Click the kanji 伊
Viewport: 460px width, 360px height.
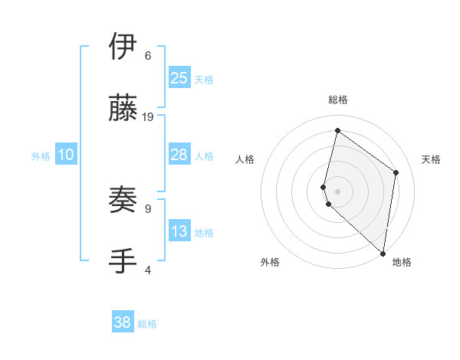tap(123, 47)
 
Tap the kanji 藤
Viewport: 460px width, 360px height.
tap(123, 109)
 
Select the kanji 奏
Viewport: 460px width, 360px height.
tap(123, 200)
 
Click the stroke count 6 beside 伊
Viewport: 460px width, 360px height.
tap(148, 56)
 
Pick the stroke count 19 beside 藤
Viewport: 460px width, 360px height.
tap(149, 117)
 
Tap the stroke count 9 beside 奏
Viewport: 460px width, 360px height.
tap(148, 208)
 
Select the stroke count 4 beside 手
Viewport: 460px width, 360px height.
tap(148, 270)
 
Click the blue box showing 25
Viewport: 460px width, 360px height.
tap(179, 77)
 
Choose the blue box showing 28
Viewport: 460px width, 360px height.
tap(179, 155)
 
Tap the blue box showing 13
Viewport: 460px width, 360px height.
tap(179, 231)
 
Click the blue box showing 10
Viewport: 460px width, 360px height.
tap(66, 155)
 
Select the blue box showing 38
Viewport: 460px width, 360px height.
tap(123, 322)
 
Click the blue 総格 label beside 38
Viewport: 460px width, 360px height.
tap(147, 324)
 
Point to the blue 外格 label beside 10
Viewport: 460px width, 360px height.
tap(41, 156)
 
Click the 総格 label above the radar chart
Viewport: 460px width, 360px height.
tap(337, 100)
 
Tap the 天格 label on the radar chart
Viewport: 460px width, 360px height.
tap(432, 159)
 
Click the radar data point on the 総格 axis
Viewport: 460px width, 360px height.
tap(337, 130)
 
